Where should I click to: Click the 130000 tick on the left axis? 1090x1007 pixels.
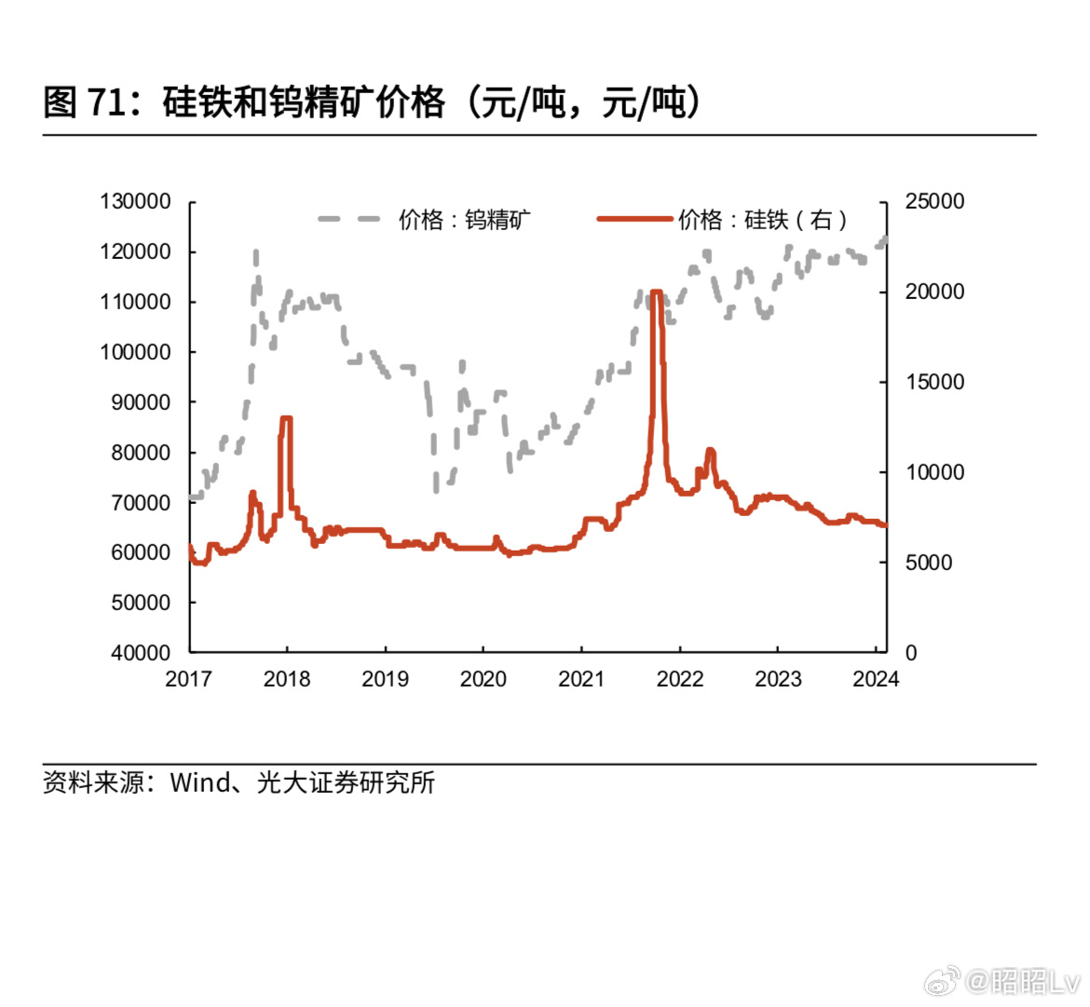tap(136, 201)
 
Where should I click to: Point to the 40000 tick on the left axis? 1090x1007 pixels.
tap(142, 653)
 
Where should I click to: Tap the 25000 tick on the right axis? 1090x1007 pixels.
tap(934, 201)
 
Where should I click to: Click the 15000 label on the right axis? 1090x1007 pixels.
tap(934, 382)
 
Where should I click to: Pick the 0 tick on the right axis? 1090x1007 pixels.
tap(911, 653)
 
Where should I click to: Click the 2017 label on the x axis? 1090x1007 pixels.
tap(188, 679)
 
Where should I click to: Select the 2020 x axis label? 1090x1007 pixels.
tap(483, 679)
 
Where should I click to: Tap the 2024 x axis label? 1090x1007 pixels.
tap(875, 679)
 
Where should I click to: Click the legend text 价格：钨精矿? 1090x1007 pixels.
tap(465, 220)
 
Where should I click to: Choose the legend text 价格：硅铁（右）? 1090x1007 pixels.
tap(763, 220)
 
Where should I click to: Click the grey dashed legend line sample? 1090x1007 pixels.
tap(349, 220)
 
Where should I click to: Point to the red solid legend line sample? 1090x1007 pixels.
tap(634, 220)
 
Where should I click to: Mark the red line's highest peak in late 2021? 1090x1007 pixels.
tap(656, 293)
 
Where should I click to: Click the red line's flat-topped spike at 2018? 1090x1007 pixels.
tap(286, 419)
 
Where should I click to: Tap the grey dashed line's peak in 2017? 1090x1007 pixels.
tap(255, 252)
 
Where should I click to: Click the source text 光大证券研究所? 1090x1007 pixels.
tap(346, 782)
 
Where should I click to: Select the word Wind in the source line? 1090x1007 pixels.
tap(199, 782)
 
